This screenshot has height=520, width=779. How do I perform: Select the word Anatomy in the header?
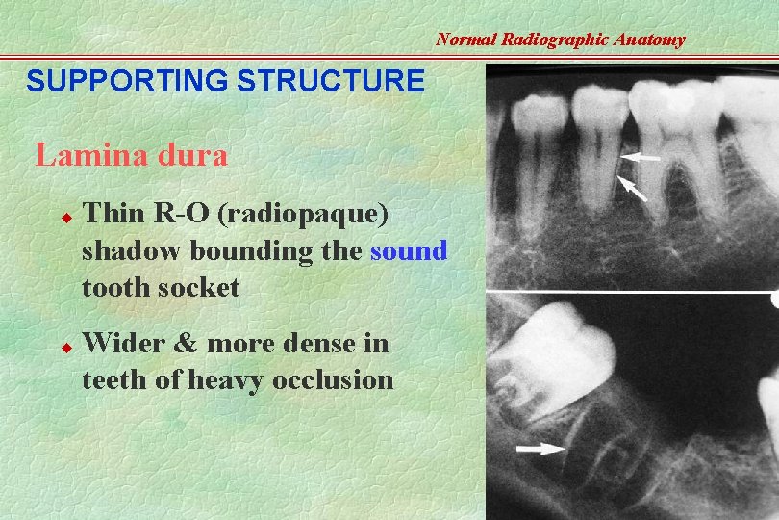[x=653, y=39]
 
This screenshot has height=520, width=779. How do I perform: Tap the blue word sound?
[x=409, y=251]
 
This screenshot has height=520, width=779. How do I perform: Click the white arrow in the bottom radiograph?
[x=540, y=448]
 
